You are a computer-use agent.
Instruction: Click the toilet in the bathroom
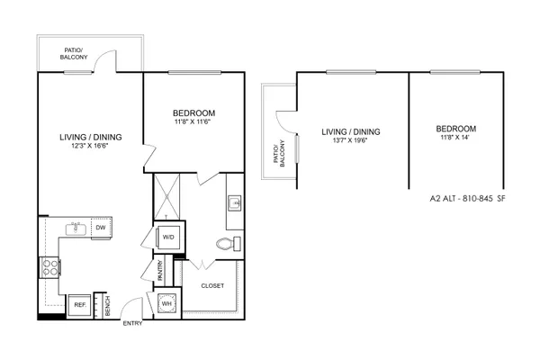click(x=229, y=244)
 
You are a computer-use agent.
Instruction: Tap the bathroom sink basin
click(x=235, y=202)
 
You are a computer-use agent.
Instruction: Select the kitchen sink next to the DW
click(x=76, y=229)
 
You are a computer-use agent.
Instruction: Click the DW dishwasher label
click(x=101, y=228)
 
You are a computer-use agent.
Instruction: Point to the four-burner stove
click(x=50, y=267)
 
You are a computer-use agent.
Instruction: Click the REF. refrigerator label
click(x=80, y=305)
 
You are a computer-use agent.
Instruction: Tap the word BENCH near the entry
click(x=107, y=306)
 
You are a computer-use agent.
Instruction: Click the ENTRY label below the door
click(x=132, y=323)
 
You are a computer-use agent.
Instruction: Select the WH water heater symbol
click(x=167, y=304)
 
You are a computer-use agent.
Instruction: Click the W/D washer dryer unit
click(x=168, y=237)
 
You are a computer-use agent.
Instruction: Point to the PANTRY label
click(x=160, y=270)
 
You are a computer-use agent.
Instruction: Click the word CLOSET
click(x=212, y=285)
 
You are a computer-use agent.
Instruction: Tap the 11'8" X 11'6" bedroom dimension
click(x=193, y=121)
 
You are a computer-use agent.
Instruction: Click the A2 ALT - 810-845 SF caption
click(x=468, y=198)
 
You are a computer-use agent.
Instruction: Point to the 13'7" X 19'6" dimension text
click(x=351, y=140)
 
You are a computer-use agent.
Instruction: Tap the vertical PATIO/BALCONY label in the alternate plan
click(x=279, y=154)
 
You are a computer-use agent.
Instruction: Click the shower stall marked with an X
click(x=166, y=196)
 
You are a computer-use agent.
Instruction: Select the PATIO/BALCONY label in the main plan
click(x=74, y=54)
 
